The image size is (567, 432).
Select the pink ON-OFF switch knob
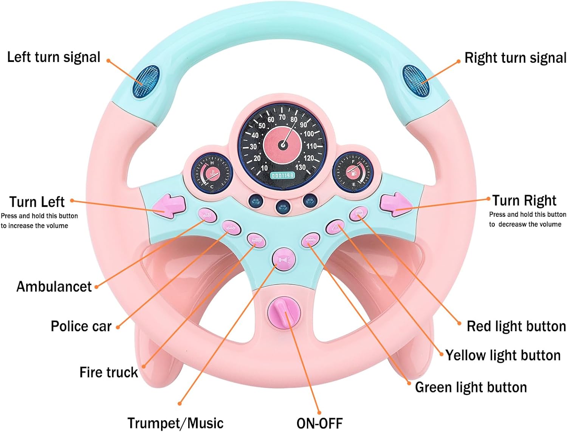point(284,313)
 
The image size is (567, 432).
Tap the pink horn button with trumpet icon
point(284,260)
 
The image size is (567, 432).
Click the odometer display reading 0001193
point(282,176)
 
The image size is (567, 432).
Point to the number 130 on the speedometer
point(301,167)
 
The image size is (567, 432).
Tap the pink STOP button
point(358,213)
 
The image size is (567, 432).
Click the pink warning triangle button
point(335,227)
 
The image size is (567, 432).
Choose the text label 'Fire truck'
point(108,372)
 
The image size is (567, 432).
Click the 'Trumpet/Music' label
point(175,423)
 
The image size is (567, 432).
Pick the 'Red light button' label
point(516,326)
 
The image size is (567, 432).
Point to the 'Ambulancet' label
point(54,287)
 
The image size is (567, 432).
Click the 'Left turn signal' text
point(54,57)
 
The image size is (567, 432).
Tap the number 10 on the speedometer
point(264,168)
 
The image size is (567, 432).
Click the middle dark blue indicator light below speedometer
point(282,206)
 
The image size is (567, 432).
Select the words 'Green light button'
point(471,387)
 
